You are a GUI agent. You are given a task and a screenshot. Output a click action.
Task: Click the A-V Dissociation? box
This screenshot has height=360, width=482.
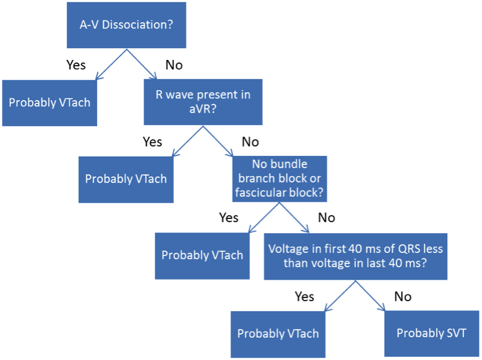coord(126,25)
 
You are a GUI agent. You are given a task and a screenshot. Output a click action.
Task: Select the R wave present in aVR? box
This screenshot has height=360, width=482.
coord(203,102)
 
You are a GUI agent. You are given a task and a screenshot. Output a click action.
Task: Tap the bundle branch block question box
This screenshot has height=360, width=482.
coord(280,179)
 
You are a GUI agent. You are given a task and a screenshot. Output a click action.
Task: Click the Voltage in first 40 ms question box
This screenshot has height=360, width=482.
coord(355,257)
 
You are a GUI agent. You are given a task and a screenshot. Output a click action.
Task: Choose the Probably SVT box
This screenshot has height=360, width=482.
coord(432,333)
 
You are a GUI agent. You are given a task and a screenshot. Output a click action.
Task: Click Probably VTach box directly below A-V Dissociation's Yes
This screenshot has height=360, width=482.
coord(49,103)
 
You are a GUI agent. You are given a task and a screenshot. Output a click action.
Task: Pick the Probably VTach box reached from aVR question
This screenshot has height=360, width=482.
coord(126,179)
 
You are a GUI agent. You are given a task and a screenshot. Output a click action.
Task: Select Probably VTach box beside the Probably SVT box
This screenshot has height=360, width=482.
coord(278,334)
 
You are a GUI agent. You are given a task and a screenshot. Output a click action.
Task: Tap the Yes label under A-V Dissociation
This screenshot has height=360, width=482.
coord(76,65)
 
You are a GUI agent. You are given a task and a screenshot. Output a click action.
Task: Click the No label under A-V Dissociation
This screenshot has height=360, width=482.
coord(174,65)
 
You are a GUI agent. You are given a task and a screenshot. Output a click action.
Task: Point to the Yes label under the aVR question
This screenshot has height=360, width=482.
coord(152,142)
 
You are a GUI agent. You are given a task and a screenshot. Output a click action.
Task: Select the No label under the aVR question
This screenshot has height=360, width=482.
coord(250,142)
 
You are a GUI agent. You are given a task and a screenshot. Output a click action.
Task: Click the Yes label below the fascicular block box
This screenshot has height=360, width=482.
coord(228,218)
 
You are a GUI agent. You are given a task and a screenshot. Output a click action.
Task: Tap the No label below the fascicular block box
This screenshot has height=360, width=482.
coord(327,218)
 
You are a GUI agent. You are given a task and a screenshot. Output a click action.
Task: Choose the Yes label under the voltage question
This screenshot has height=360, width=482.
coord(304,297)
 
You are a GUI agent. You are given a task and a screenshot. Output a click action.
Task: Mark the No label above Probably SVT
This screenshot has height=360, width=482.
coord(403,297)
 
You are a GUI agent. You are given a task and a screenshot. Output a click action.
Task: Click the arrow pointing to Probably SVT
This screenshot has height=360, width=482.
coord(370,296)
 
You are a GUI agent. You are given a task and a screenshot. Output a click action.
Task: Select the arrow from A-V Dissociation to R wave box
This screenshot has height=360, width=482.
coord(142,64)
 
